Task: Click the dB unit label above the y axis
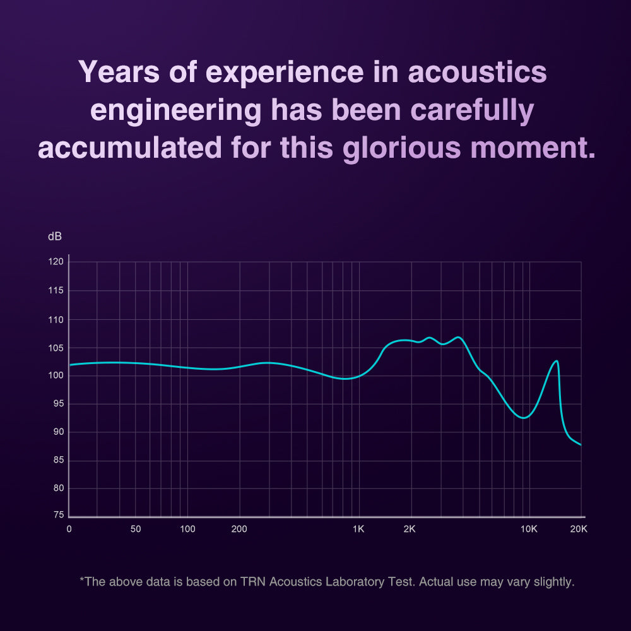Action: (x=55, y=237)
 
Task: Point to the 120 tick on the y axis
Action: (x=57, y=262)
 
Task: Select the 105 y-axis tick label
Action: (x=57, y=348)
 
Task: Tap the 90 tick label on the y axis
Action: (x=57, y=432)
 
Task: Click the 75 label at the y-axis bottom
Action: (x=57, y=516)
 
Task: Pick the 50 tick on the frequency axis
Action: (x=136, y=529)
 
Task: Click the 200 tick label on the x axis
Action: (x=239, y=529)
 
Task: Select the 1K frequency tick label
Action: (x=358, y=529)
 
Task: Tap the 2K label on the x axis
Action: (x=410, y=529)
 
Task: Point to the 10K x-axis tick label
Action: (x=529, y=529)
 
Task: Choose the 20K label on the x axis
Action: (x=579, y=529)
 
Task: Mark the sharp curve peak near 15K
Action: (x=557, y=361)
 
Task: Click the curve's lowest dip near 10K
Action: (x=522, y=418)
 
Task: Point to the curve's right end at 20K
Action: (x=580, y=445)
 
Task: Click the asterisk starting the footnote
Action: (x=81, y=580)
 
